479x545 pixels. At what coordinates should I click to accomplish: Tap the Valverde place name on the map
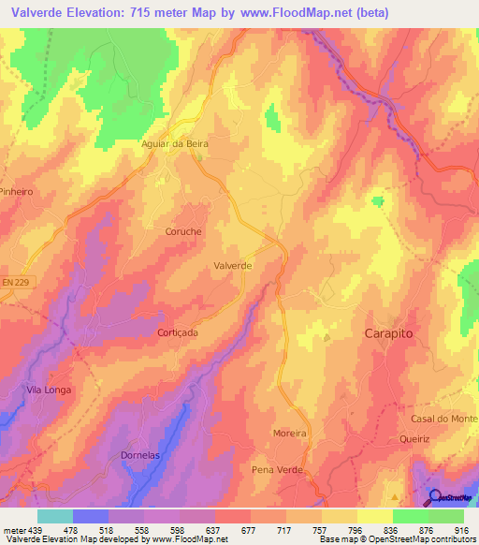(233, 266)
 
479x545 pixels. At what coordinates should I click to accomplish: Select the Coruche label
(183, 231)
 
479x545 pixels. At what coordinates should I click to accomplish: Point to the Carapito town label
(388, 333)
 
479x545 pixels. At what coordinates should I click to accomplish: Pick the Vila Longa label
(49, 390)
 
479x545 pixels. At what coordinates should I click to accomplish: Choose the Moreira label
(289, 434)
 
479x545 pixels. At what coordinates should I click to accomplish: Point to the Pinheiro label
(16, 191)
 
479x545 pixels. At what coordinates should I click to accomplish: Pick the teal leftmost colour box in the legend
(54, 515)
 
